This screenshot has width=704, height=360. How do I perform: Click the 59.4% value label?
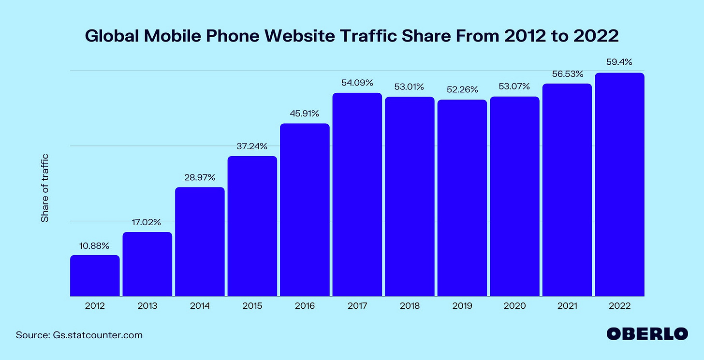(x=619, y=62)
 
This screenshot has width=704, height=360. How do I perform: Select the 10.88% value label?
(x=95, y=245)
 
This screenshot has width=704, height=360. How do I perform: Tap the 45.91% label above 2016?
(x=305, y=114)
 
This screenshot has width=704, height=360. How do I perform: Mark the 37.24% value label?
(x=252, y=146)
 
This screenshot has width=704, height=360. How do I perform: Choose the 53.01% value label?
(x=410, y=87)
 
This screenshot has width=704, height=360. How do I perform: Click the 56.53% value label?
(x=567, y=74)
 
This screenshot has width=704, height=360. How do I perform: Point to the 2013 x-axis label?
(x=147, y=306)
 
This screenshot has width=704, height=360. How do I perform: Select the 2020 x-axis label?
(x=514, y=306)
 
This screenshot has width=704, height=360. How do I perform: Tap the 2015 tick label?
(x=252, y=306)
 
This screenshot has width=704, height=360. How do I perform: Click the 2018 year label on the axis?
(x=410, y=306)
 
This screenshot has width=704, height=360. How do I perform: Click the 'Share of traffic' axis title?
(x=45, y=188)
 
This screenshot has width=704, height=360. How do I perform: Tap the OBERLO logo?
(x=647, y=333)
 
